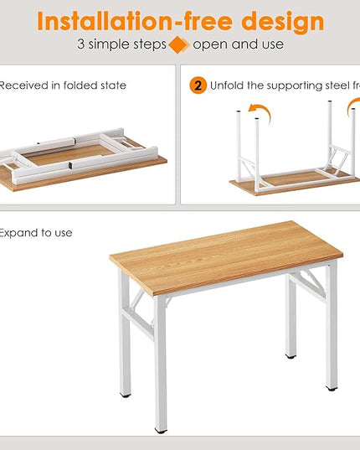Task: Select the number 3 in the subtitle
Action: [80, 44]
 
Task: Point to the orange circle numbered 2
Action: [198, 85]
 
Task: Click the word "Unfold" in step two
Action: [228, 85]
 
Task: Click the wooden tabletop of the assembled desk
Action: [226, 256]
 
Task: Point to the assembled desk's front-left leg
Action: [159, 360]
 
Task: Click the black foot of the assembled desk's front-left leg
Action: [161, 429]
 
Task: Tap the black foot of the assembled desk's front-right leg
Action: [332, 387]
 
